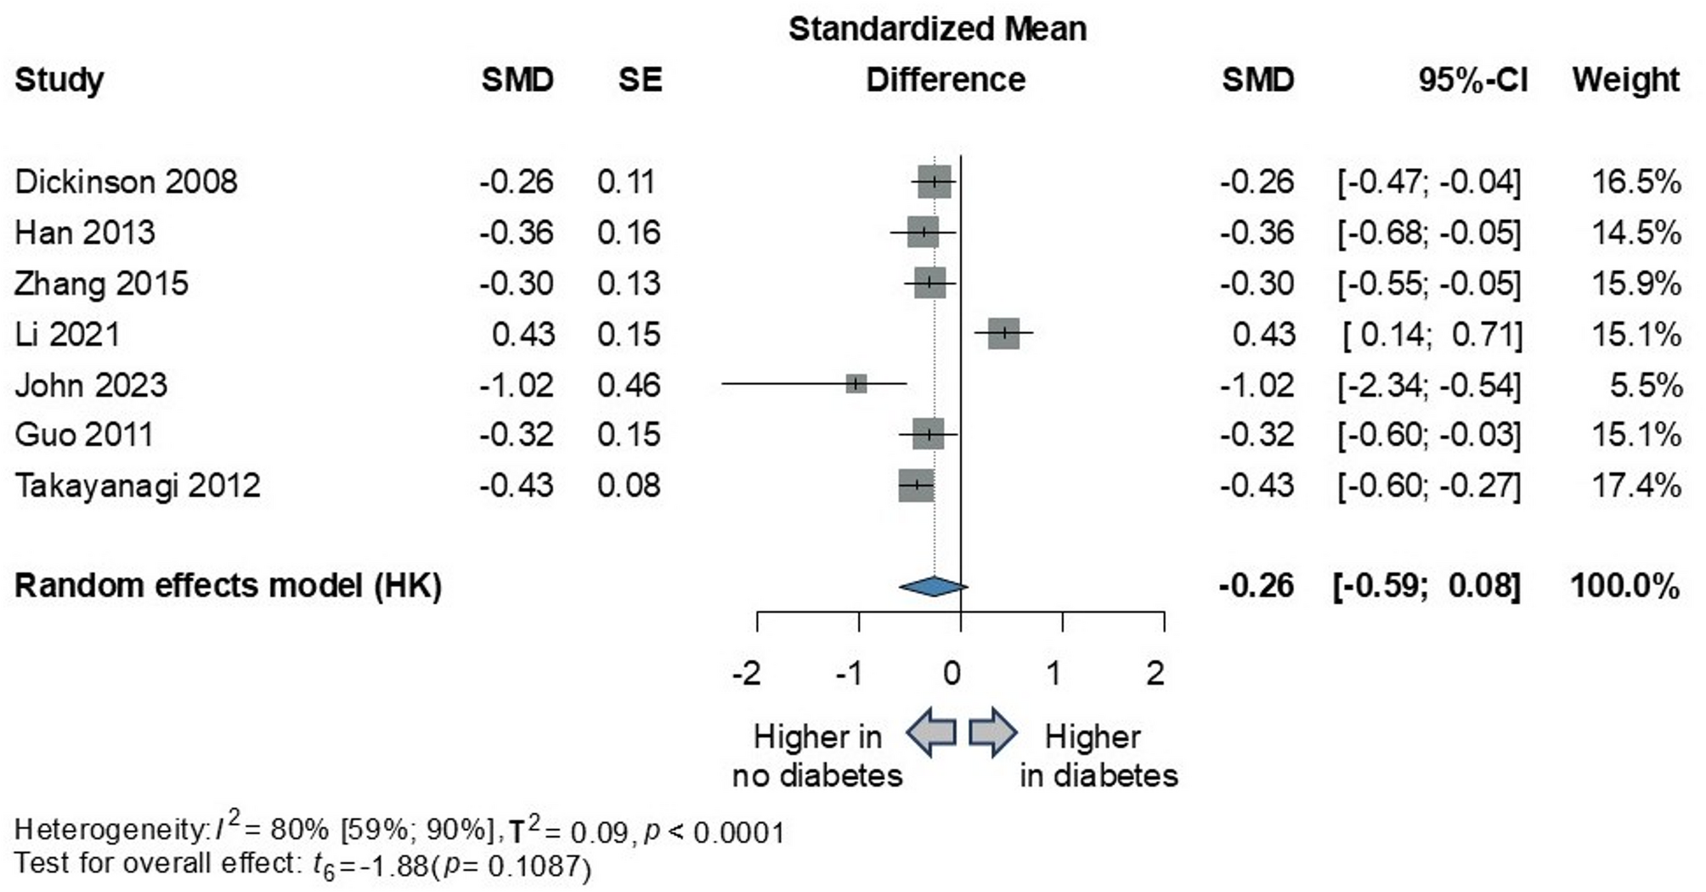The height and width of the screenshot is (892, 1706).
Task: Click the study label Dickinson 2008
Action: (126, 182)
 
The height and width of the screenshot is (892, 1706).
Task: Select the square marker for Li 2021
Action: (1003, 333)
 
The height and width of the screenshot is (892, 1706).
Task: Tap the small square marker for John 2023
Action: (856, 384)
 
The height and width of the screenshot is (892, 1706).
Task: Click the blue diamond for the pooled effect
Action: (933, 586)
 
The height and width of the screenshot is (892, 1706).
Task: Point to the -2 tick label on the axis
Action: (747, 674)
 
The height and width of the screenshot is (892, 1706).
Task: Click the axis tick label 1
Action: (1054, 674)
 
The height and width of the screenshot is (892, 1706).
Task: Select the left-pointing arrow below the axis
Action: (931, 732)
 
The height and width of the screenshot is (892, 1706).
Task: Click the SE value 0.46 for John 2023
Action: (629, 386)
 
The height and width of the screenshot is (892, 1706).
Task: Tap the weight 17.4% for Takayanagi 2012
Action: (1635, 486)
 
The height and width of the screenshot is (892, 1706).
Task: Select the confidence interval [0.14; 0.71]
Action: (1432, 335)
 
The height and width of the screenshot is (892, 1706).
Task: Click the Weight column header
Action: (1624, 80)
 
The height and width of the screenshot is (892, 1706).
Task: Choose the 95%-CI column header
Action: (1472, 80)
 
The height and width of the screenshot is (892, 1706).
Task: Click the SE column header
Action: (640, 80)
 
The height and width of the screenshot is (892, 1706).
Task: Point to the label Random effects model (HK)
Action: (228, 586)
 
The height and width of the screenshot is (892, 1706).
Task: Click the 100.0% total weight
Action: (1624, 586)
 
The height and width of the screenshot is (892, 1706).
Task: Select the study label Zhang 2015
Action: (101, 284)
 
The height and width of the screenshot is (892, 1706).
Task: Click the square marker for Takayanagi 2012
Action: (916, 485)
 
